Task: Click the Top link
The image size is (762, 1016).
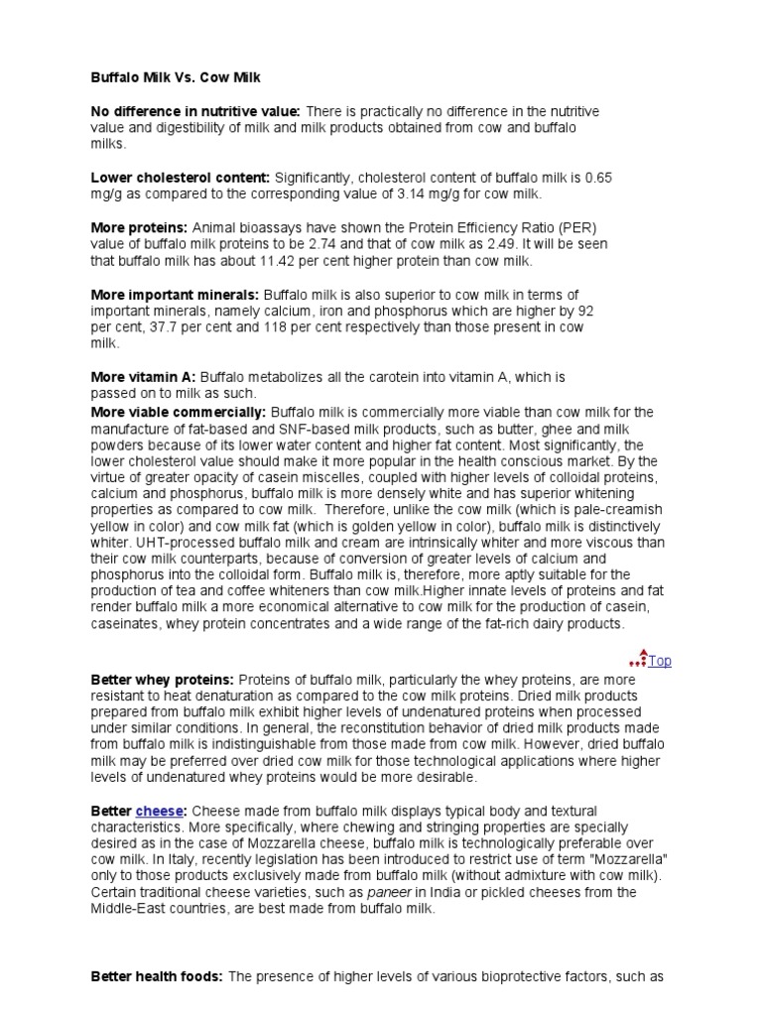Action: click(660, 661)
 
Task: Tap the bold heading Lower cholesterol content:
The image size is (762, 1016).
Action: click(181, 178)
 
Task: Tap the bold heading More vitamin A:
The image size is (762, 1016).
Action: click(144, 377)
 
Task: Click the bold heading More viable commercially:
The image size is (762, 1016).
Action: click(179, 411)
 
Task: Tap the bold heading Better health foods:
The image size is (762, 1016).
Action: click(157, 976)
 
